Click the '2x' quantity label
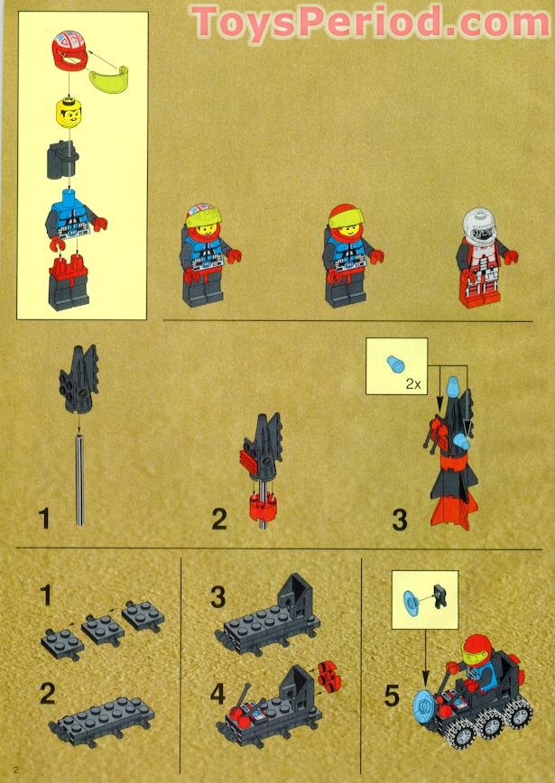click(x=413, y=382)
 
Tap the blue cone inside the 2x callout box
click(x=395, y=364)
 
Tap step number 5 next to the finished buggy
click(x=392, y=696)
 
